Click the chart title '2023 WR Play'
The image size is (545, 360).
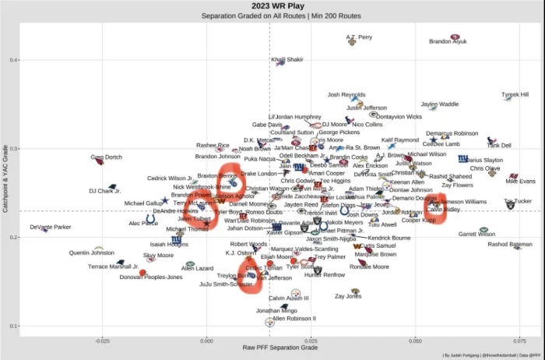click(272, 5)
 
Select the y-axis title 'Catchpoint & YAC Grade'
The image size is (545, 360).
click(6, 178)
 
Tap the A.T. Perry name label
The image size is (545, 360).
click(359, 37)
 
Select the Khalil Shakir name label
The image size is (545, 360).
click(287, 59)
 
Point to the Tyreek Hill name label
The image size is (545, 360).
click(515, 94)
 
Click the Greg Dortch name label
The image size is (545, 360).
click(106, 157)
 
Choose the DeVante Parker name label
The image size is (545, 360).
click(51, 227)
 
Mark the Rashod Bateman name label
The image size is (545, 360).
click(510, 244)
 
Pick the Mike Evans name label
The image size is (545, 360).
click(520, 182)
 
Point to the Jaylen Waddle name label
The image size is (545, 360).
click(440, 104)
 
